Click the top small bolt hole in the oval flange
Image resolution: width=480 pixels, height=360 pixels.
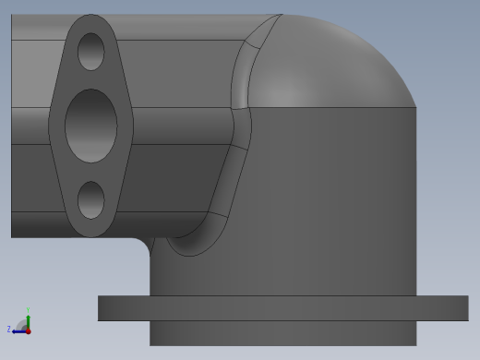[x=90, y=52]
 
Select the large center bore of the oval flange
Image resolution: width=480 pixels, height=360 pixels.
[x=91, y=126]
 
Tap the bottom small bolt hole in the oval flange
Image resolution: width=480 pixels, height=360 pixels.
[x=90, y=199]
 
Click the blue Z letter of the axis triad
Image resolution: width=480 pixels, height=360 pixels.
[x=9, y=329]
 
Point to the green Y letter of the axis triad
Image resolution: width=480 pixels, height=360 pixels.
[x=30, y=310]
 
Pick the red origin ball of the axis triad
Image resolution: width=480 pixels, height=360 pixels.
[x=28, y=330]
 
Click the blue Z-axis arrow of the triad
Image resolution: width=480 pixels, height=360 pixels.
[x=18, y=330]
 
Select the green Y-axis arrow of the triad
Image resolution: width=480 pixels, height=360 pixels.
[x=28, y=319]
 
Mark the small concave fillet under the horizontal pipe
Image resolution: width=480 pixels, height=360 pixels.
[x=147, y=242]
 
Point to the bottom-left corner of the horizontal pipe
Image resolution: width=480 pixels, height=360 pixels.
[x=13, y=235]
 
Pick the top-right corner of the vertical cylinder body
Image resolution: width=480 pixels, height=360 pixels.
[x=414, y=109]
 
